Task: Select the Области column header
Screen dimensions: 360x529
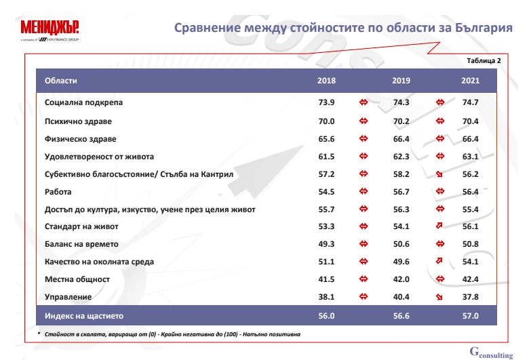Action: click(x=60, y=81)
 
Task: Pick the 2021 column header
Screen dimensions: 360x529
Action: click(x=470, y=81)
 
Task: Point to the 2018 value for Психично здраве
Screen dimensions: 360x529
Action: click(x=327, y=121)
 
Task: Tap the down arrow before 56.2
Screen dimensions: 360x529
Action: click(x=439, y=175)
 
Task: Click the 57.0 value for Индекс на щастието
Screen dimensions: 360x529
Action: click(x=470, y=316)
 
